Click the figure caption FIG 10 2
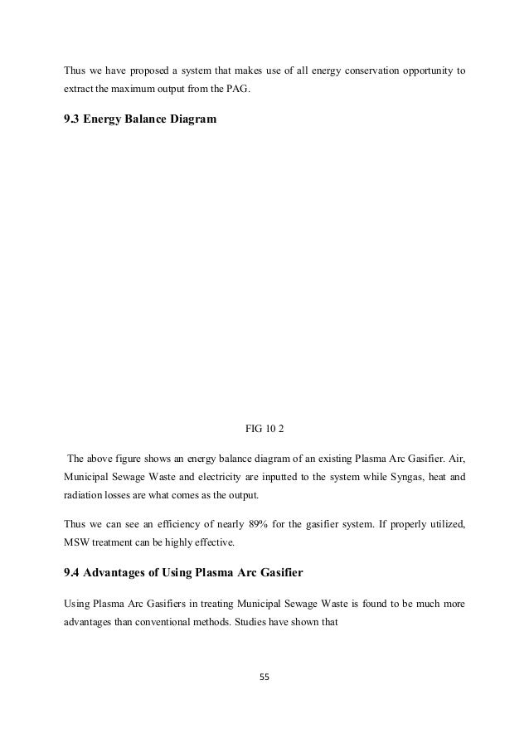[264, 429]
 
